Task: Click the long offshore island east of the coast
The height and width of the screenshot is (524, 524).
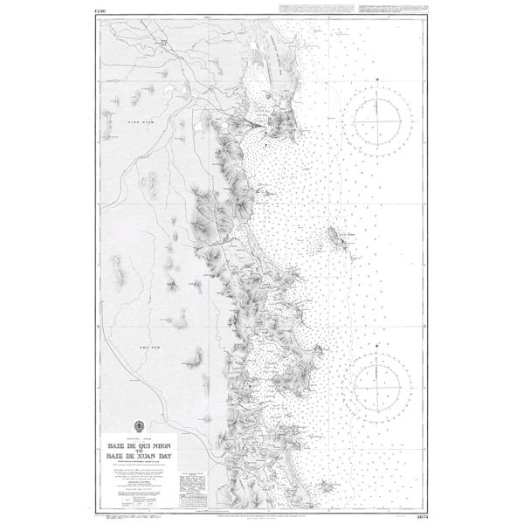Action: [337, 237]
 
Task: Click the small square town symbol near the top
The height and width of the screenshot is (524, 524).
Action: [164, 41]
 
